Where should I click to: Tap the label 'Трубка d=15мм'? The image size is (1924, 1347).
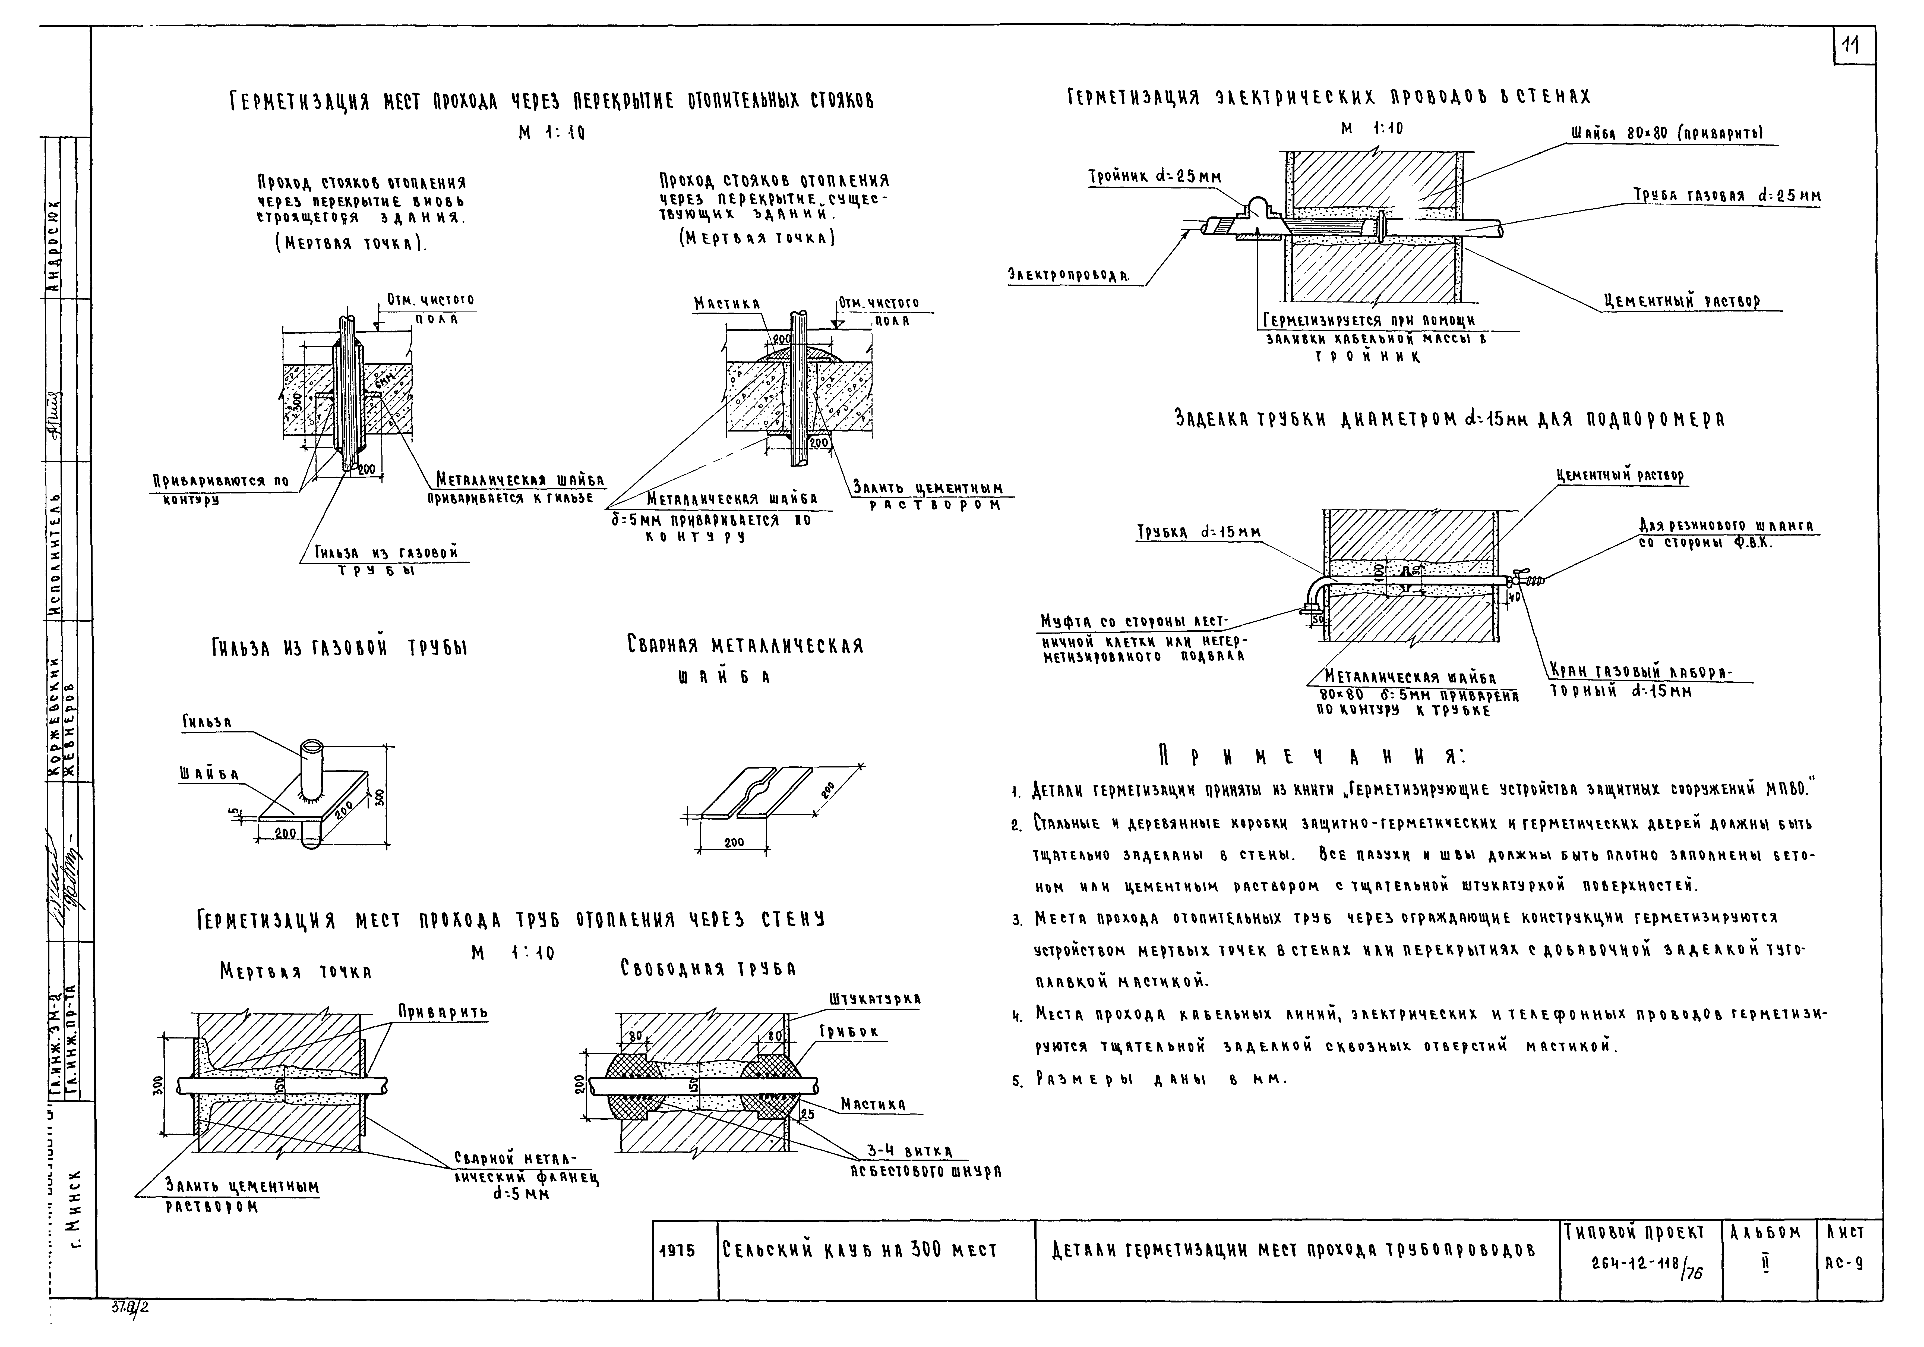[1198, 532]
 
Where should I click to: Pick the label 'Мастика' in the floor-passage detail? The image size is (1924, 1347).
[726, 303]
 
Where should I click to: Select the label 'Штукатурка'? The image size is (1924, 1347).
[874, 999]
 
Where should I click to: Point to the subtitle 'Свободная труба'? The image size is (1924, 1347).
[708, 969]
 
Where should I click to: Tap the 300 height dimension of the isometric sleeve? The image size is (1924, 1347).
[380, 796]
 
